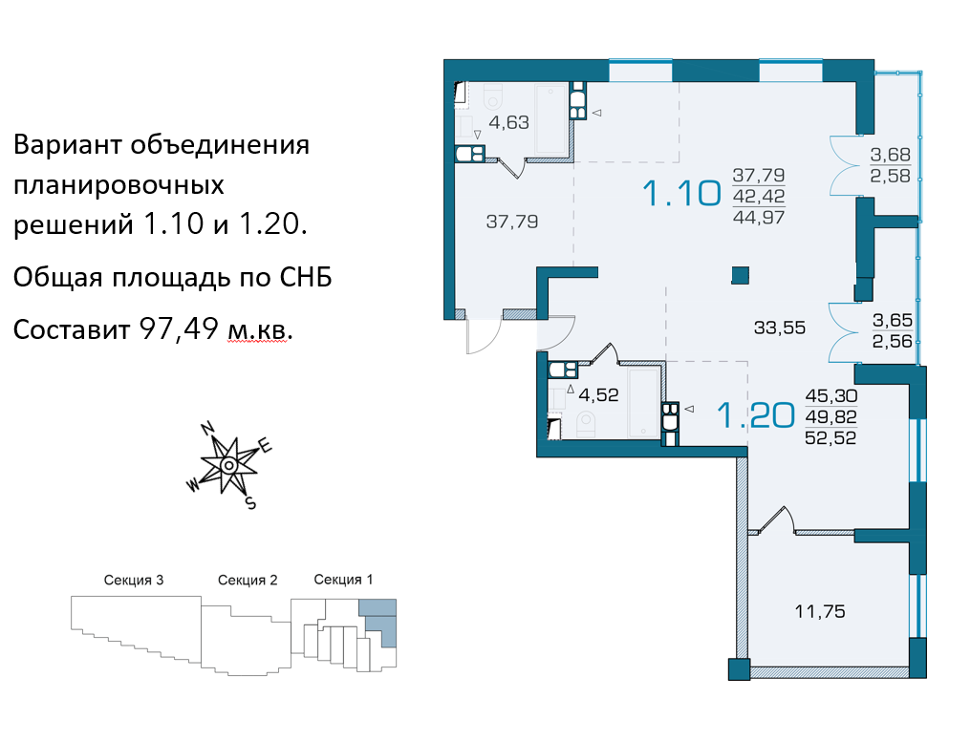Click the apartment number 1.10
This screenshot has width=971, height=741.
(x=681, y=193)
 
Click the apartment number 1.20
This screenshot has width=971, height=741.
(x=756, y=415)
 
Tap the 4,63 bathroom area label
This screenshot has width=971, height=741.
(x=509, y=122)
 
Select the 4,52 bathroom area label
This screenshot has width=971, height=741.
(x=598, y=394)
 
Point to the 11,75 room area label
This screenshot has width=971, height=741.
(x=820, y=611)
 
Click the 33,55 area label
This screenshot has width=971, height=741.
(x=780, y=328)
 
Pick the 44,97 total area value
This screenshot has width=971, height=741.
(x=759, y=217)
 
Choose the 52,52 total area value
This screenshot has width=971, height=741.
(x=831, y=438)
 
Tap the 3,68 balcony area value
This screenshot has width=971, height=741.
(x=891, y=154)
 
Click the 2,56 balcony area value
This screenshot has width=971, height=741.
(x=893, y=341)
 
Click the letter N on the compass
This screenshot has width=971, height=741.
(x=207, y=428)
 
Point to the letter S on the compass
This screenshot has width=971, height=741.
(x=250, y=503)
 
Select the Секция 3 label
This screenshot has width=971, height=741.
(x=134, y=581)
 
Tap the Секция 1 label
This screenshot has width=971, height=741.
(x=343, y=580)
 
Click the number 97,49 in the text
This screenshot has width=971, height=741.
(x=179, y=328)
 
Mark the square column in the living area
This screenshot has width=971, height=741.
(x=740, y=275)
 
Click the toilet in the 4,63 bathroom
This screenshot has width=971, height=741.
(x=493, y=96)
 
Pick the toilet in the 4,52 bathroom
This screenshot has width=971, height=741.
(x=585, y=425)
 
